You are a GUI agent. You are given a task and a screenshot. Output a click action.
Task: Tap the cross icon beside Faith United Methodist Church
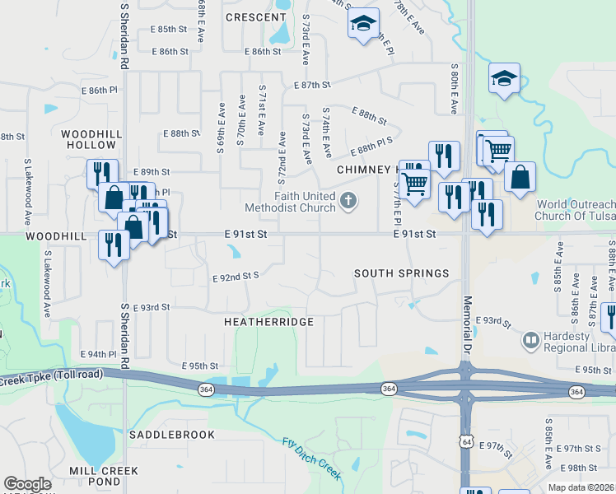[x=348, y=200]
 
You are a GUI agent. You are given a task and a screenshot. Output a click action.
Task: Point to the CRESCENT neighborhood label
[x=255, y=17]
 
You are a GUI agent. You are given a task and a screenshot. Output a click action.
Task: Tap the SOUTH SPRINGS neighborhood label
[x=402, y=273]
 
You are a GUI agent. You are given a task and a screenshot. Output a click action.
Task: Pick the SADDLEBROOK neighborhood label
[x=171, y=434]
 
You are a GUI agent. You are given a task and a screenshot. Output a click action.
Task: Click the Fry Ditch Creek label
[x=311, y=457]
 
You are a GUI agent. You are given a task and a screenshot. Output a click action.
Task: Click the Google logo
[x=27, y=484]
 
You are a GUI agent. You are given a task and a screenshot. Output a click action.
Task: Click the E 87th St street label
[x=312, y=85]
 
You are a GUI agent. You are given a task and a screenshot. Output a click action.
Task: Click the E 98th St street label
[x=581, y=467]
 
